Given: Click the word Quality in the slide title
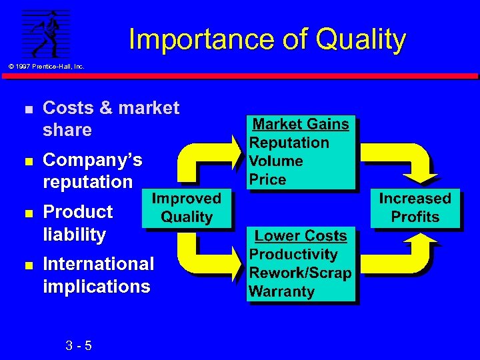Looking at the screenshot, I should (361, 40).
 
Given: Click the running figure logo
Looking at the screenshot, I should (45, 35).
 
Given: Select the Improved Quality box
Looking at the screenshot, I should (186, 208).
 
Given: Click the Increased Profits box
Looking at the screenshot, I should (415, 208).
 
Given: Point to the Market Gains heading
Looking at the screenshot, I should (301, 124).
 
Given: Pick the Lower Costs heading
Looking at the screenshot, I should (301, 236).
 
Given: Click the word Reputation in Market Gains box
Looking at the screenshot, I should (289, 143).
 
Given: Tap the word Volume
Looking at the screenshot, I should (276, 161).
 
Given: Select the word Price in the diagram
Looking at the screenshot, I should (267, 180).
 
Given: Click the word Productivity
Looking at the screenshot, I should (293, 255).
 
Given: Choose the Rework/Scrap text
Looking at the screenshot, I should (299, 273).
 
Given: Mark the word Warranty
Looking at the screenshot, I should (281, 292).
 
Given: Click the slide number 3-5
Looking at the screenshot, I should (79, 346).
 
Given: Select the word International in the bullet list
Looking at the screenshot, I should (98, 264).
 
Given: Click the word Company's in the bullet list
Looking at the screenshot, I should (92, 160).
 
